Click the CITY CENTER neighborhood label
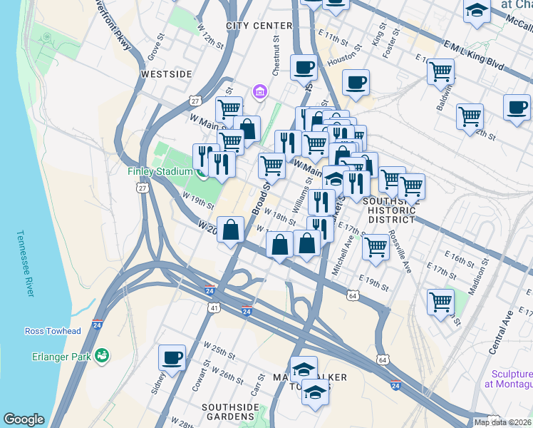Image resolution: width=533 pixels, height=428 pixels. tap(259, 26)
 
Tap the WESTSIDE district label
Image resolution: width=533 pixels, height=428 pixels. tap(167, 74)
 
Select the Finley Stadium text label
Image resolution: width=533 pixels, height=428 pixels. tap(160, 172)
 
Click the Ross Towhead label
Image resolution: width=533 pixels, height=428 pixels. tap(53, 331)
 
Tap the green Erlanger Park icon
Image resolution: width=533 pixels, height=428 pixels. tap(102, 355)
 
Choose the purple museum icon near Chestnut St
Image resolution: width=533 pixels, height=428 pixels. tap(259, 92)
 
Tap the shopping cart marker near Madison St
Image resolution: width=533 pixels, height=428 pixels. tap(440, 302)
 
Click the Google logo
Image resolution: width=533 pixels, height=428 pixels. tap(24, 419)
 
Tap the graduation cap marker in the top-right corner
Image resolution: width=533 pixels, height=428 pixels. tap(476, 12)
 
